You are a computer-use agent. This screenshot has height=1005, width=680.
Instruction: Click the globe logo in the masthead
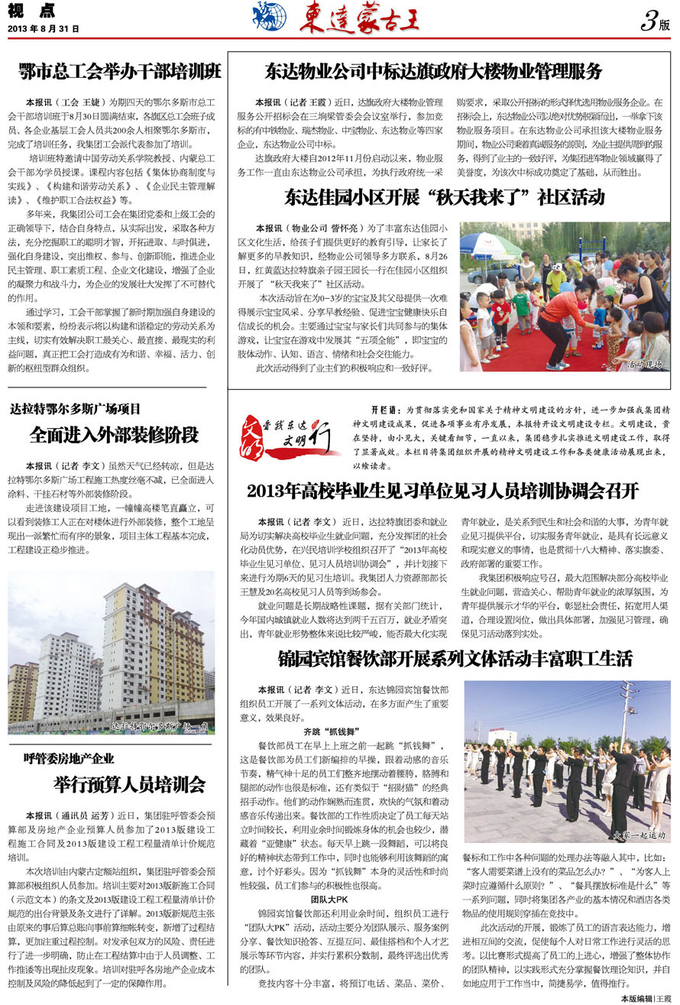tap(270, 16)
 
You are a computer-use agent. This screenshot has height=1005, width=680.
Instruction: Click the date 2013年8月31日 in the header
tap(44, 29)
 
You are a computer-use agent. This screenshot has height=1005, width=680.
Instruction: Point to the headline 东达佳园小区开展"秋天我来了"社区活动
tap(445, 198)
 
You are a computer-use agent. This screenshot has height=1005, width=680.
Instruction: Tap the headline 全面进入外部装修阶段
tap(115, 435)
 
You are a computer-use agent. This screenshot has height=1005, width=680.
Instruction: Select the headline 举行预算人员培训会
tap(130, 784)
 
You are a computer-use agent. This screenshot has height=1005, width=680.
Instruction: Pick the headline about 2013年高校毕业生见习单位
tap(443, 491)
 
